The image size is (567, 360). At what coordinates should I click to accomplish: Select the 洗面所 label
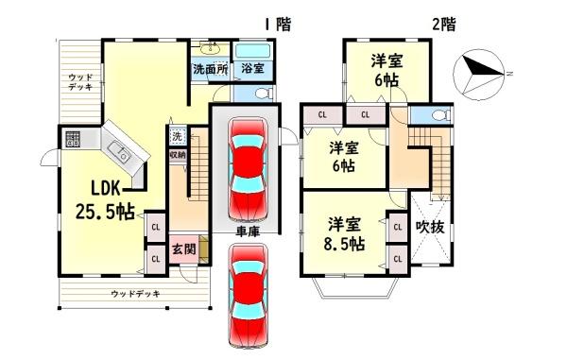pyautogui.click(x=211, y=69)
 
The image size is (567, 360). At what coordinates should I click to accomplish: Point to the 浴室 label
pyautogui.click(x=251, y=69)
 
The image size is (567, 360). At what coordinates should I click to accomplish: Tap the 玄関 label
pyautogui.click(x=184, y=249)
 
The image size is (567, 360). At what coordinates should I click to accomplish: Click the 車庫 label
pyautogui.click(x=248, y=230)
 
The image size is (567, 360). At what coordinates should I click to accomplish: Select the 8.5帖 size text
pyautogui.click(x=345, y=245)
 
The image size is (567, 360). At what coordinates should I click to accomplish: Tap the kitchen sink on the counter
pyautogui.click(x=121, y=152)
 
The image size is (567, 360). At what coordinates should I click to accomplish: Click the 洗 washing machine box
pyautogui.click(x=178, y=135)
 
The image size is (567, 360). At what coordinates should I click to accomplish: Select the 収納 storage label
pyautogui.click(x=178, y=154)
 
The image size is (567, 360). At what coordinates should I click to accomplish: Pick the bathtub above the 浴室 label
pyautogui.click(x=252, y=50)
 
